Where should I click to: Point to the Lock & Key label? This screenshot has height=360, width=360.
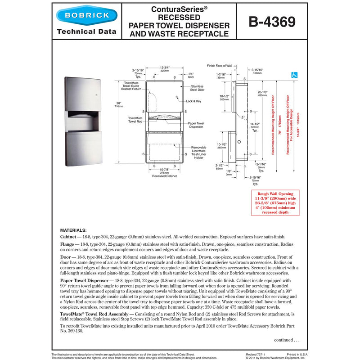click(193, 101)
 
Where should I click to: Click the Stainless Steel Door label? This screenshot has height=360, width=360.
click(197, 88)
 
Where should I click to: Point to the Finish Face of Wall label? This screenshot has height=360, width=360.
click(219, 66)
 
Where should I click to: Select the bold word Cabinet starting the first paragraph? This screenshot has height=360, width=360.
click(69, 236)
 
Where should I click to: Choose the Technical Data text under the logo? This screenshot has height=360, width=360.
click(86, 31)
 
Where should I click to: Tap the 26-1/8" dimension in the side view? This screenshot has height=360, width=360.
click(262, 93)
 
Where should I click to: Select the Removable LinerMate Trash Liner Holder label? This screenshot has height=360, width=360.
click(198, 152)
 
